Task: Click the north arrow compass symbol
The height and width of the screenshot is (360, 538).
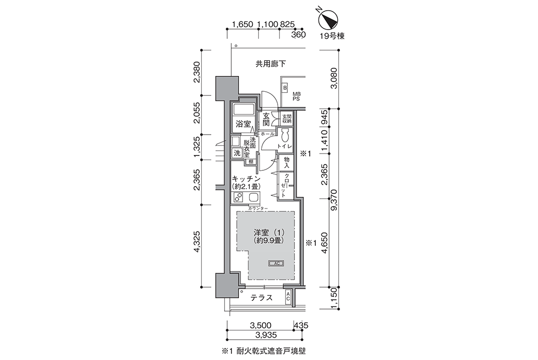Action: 329,19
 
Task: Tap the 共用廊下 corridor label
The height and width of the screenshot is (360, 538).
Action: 271,64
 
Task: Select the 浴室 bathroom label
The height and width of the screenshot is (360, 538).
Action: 243,124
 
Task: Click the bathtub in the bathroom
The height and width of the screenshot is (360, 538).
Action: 243,110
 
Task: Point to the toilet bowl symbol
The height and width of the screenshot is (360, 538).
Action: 285,136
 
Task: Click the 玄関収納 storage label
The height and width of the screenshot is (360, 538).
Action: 287,118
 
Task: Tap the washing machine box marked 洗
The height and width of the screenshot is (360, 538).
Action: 237,153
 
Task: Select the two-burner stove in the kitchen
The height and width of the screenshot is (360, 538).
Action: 238,197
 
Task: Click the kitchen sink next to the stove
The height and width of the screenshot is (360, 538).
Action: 253,197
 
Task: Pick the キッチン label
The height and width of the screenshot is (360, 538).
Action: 247,178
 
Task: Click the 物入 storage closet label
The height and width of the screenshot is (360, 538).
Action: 287,163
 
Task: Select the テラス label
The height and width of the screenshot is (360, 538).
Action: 261,297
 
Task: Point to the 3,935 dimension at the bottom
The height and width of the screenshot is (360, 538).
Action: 264,335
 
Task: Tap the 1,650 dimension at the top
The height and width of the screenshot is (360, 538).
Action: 243,24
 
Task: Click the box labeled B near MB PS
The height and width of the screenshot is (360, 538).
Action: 285,88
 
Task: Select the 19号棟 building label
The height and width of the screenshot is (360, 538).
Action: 332,36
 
